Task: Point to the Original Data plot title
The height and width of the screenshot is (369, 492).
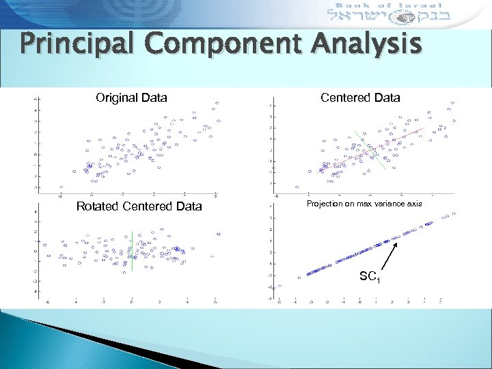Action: click(131, 98)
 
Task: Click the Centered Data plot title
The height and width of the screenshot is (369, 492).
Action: click(360, 98)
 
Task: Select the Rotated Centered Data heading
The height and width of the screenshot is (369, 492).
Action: click(139, 206)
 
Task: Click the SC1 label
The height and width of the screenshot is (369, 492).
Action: click(370, 277)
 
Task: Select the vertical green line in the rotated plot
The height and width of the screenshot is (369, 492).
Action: click(132, 253)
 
